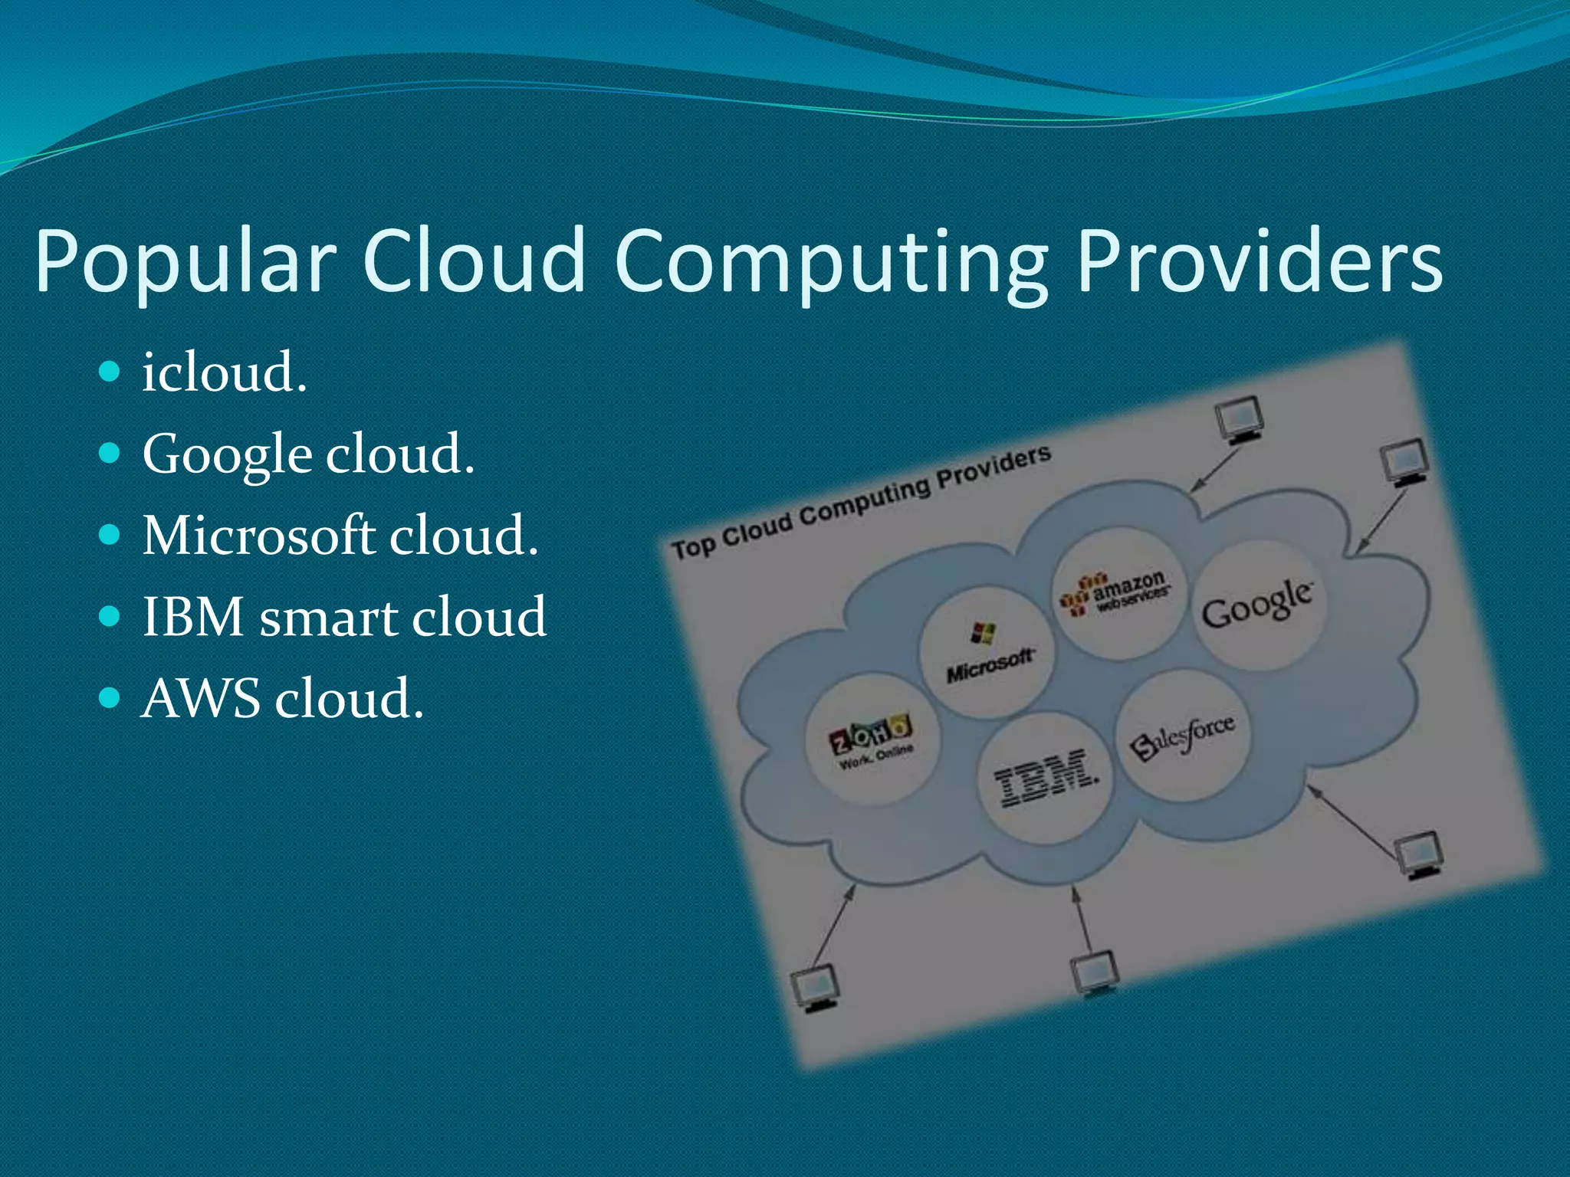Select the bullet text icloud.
(225, 372)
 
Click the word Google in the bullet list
(227, 455)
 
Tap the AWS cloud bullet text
(282, 699)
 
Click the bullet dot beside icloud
(110, 372)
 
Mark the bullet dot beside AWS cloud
(110, 698)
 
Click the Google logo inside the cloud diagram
(1256, 603)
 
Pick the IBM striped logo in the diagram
(1046, 777)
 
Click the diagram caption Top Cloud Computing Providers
(860, 502)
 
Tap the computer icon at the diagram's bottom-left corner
(815, 988)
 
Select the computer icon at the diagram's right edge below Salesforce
(1418, 855)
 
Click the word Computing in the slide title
(831, 261)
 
